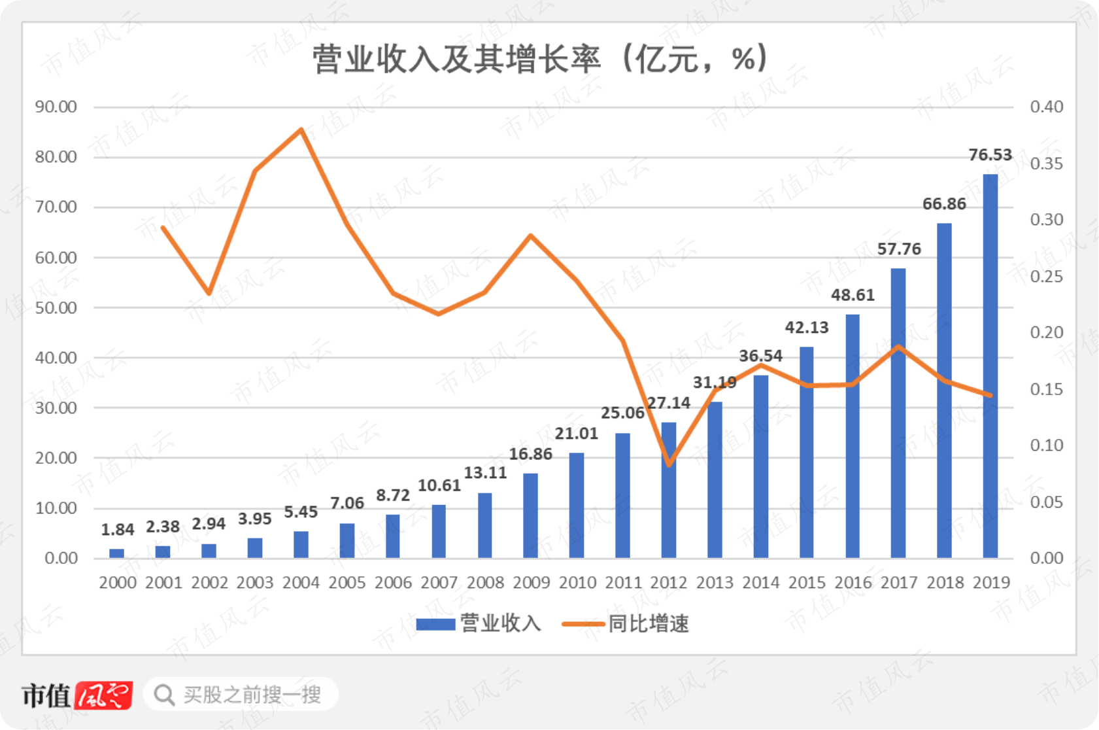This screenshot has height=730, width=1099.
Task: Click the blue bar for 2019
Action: (990, 366)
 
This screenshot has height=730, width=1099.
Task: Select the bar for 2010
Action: (577, 505)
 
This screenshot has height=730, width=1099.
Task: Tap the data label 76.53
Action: (990, 154)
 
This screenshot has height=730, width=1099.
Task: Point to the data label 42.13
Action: (807, 327)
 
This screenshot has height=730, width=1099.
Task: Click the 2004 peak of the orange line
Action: (301, 130)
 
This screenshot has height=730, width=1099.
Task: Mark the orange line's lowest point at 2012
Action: (669, 464)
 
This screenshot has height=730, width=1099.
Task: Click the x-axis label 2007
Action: (439, 582)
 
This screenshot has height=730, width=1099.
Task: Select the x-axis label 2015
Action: (807, 582)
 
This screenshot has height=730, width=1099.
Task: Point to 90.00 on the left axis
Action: (56, 107)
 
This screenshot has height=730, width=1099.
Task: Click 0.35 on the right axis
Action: (1047, 164)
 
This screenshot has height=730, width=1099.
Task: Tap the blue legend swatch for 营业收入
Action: (435, 625)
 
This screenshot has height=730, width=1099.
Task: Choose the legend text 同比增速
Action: (649, 624)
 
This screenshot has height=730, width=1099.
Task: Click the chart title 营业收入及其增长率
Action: (457, 59)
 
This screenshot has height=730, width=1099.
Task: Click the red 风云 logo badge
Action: (103, 695)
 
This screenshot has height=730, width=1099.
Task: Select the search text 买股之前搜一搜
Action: (252, 695)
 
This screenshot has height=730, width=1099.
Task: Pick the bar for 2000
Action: (117, 553)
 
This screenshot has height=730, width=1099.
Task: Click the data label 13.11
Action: (485, 473)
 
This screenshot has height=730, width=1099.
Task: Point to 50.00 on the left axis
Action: (56, 308)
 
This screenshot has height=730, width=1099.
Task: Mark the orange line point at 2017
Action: (898, 347)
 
